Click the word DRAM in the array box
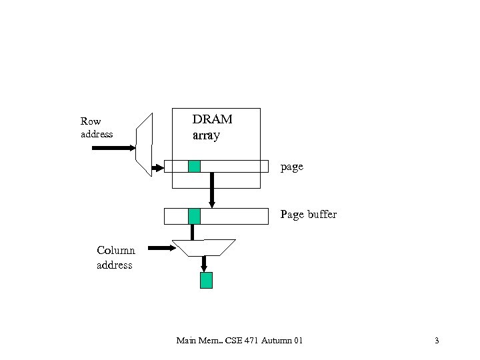click(212, 119)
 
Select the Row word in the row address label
click(91, 121)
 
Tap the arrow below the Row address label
click(113, 148)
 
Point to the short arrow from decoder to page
click(157, 168)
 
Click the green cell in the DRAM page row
click(194, 166)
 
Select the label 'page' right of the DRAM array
click(292, 167)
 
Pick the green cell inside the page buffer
click(194, 216)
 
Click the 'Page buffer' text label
click(308, 215)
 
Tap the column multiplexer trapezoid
click(203, 247)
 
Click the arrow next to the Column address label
click(161, 248)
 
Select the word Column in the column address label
click(115, 251)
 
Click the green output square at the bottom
click(207, 280)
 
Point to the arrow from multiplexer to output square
click(204, 264)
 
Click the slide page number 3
click(437, 341)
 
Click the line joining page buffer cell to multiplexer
click(193, 232)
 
